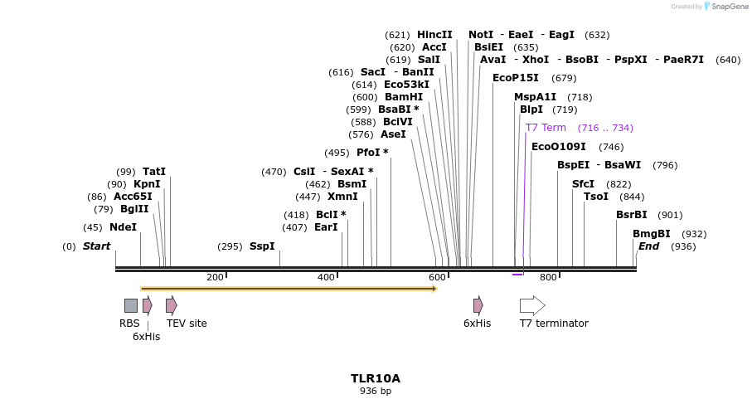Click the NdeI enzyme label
pyautogui.click(x=123, y=227)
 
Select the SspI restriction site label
pyautogui.click(x=262, y=246)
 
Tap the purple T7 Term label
pyautogui.click(x=546, y=128)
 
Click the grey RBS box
pyautogui.click(x=131, y=305)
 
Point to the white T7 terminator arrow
pyautogui.click(x=532, y=305)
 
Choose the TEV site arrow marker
pyautogui.click(x=171, y=305)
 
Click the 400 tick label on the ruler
pyautogui.click(x=326, y=277)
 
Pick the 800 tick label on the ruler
pyautogui.click(x=548, y=277)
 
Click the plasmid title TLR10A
pyautogui.click(x=376, y=378)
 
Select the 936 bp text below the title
pyautogui.click(x=376, y=391)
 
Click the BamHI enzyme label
pyautogui.click(x=404, y=97)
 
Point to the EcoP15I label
pyautogui.click(x=516, y=78)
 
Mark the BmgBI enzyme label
pyautogui.click(x=652, y=234)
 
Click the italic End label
pyautogui.click(x=648, y=246)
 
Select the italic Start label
pyautogui.click(x=96, y=246)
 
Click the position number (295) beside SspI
pyautogui.click(x=230, y=246)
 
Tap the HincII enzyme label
pyautogui.click(x=434, y=35)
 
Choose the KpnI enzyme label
pyautogui.click(x=147, y=184)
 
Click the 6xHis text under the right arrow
pyautogui.click(x=477, y=324)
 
